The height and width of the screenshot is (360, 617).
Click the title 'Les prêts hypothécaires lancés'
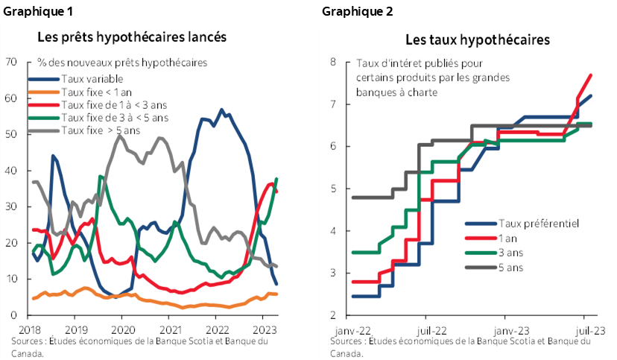pos(132,37)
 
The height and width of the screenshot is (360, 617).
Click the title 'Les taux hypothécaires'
pos(478,40)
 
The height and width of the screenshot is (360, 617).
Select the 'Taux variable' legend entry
pos(92,79)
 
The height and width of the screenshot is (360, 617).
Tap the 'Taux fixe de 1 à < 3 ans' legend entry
pos(113,105)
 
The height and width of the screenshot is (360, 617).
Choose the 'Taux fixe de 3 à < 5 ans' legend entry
pos(115,118)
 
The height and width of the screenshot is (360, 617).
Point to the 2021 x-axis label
pos(170,328)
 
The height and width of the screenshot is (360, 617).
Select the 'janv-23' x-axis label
pos(512,328)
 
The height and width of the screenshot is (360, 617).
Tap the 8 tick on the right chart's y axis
pos(335,62)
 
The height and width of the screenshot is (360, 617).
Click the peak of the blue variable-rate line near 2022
pos(221,110)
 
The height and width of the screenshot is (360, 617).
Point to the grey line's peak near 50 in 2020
pos(118,136)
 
